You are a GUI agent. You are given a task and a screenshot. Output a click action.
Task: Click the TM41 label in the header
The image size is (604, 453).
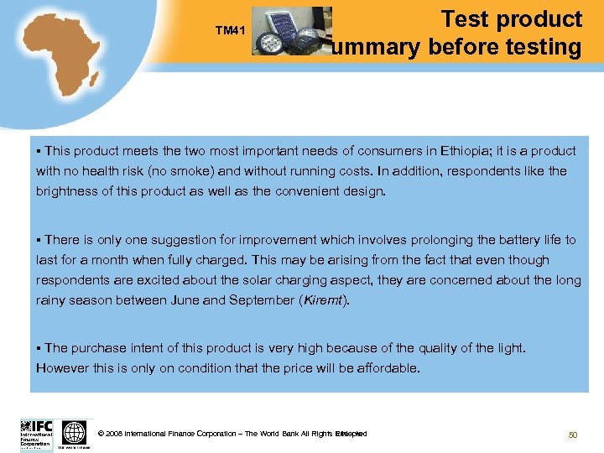[229, 31]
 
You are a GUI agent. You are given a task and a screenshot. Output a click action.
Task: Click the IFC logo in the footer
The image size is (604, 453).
[36, 435]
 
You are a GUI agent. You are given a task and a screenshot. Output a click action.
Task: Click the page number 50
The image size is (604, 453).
[574, 434]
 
